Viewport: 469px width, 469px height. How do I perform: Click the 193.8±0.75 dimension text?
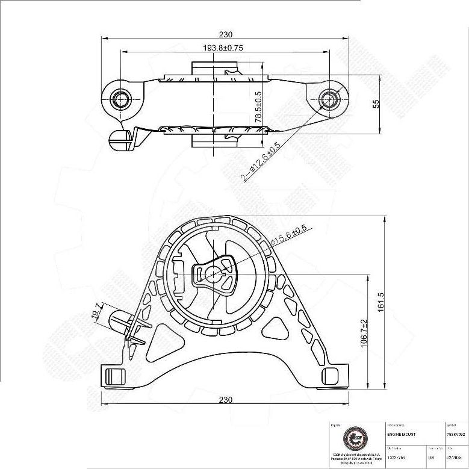pos(222,48)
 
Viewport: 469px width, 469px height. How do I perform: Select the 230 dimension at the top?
pos(225,34)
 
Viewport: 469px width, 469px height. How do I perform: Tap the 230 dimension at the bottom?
pos(225,400)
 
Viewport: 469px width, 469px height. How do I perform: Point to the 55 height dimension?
pos(376,104)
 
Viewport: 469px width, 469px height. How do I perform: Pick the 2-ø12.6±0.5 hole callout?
pos(261,161)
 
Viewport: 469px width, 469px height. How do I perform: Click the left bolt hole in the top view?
pos(120,99)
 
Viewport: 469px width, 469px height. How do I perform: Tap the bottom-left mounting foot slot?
pos(114,376)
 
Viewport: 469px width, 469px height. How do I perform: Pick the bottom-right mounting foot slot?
pos(329,376)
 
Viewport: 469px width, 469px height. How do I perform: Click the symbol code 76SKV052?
pos(455,434)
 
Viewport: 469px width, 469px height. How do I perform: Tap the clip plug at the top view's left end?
pos(119,140)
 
